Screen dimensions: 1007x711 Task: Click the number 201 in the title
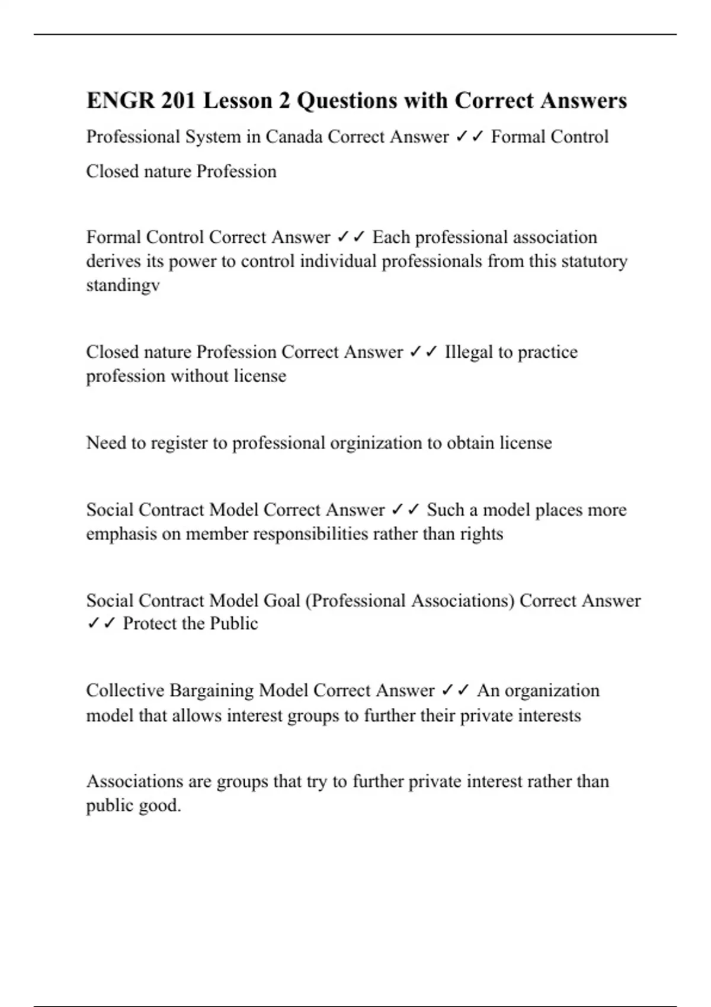[x=178, y=101]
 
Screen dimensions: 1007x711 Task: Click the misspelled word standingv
[x=123, y=286]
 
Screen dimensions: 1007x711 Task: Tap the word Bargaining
[x=212, y=691]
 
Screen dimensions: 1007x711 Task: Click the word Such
[x=445, y=510]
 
